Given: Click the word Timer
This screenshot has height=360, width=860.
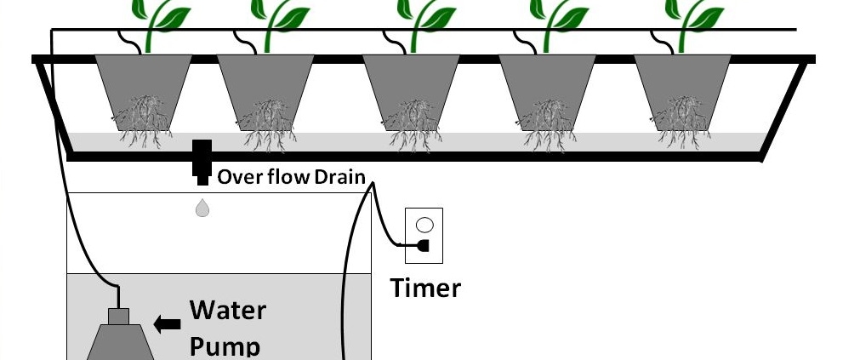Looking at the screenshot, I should tap(425, 288).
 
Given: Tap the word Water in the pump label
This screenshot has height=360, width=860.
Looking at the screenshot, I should tap(227, 310).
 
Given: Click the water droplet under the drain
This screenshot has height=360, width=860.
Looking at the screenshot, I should tap(202, 208).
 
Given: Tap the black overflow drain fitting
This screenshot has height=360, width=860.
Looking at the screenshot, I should tap(202, 161).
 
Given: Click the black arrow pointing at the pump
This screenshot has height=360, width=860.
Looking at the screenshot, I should tap(168, 323).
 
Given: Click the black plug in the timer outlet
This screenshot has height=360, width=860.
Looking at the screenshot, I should tap(423, 246).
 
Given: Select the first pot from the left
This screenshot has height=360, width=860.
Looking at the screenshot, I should tap(143, 85).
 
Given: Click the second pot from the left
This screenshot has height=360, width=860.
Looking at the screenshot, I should tap(267, 85).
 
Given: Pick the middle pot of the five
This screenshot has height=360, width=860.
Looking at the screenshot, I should tap(412, 85).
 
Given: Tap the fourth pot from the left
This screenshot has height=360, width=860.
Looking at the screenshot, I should tap(546, 85).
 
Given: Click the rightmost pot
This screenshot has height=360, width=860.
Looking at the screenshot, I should tap(682, 85).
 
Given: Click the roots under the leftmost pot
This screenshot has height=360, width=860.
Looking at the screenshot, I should tap(143, 124).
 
